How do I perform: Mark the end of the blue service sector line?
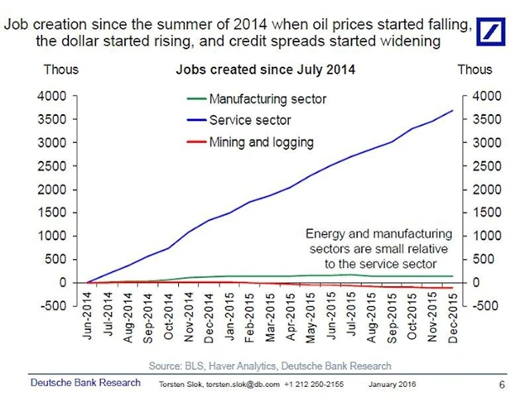pyautogui.click(x=452, y=111)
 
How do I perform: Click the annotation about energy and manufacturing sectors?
pyautogui.click(x=378, y=249)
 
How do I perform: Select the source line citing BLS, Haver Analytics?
pyautogui.click(x=270, y=365)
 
